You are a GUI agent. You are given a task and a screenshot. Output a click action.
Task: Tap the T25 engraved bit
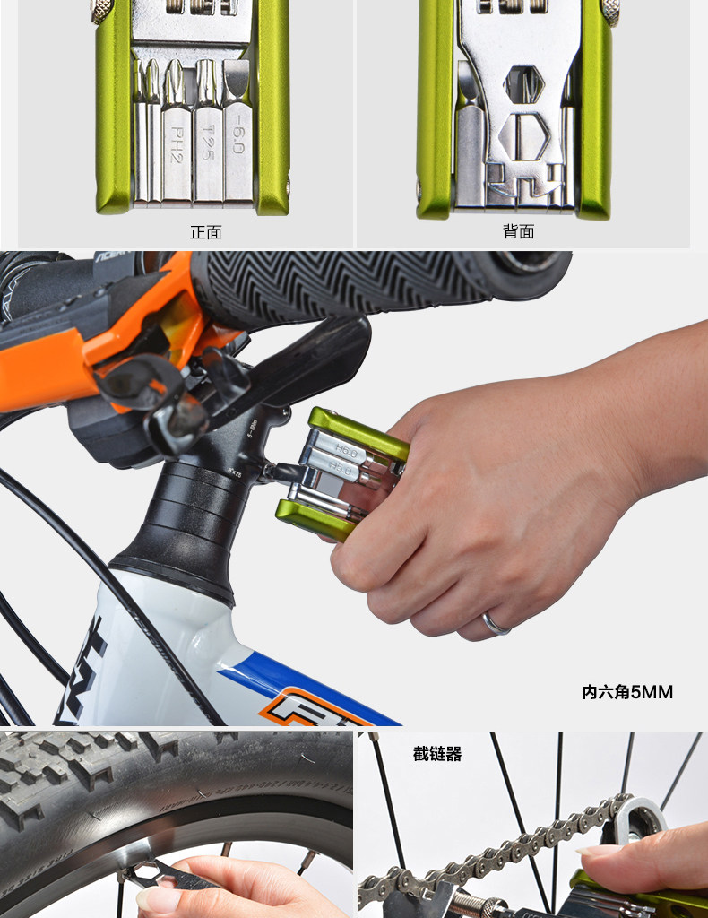pyautogui.click(x=207, y=142)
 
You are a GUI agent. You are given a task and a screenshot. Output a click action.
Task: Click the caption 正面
pyautogui.click(x=205, y=232)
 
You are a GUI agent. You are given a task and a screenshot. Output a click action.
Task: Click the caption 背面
pyautogui.click(x=518, y=232)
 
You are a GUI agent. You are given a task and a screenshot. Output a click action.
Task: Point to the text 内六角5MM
pyautogui.click(x=627, y=692)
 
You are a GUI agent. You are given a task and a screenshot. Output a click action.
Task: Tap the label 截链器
pyautogui.click(x=437, y=755)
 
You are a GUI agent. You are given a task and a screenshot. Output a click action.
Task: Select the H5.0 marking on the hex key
pyautogui.click(x=341, y=467)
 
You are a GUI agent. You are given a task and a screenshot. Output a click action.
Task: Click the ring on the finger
pyautogui.click(x=496, y=624)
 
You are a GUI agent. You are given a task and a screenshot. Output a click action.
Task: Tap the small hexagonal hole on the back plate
pyautogui.click(x=523, y=83)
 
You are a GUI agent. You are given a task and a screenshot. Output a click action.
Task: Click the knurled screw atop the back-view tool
pyautogui.click(x=610, y=11)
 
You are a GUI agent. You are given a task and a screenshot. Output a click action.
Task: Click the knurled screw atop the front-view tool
pyautogui.click(x=102, y=11)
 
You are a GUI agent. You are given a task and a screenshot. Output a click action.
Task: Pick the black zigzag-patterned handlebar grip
pyautogui.click(x=358, y=285)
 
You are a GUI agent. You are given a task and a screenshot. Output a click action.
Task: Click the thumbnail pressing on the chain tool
pyautogui.click(x=596, y=848)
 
